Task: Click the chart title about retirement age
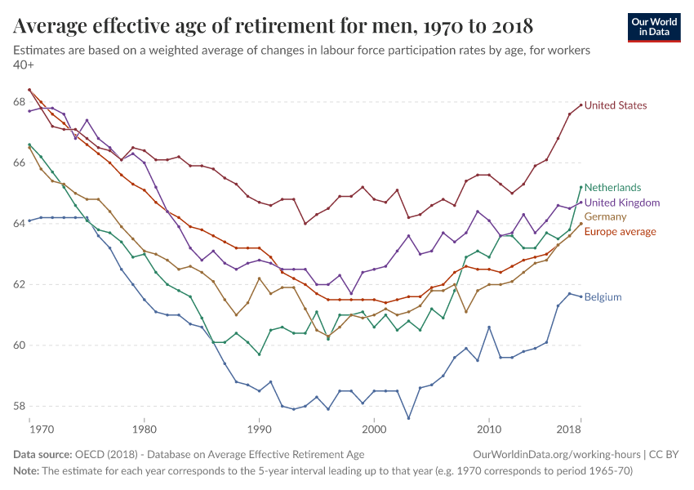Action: point(274,26)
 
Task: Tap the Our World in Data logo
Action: point(653,26)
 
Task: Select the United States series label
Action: point(616,105)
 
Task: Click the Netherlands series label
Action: point(613,187)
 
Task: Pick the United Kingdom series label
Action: point(622,203)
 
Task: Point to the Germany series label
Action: point(605,217)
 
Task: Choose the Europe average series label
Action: point(620,232)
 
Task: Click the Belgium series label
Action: point(603,297)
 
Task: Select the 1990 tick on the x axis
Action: point(259,429)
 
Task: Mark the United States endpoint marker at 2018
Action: point(581,105)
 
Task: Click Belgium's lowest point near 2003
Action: point(408,418)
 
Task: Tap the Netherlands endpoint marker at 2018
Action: point(581,187)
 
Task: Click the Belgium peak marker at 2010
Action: point(489,327)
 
